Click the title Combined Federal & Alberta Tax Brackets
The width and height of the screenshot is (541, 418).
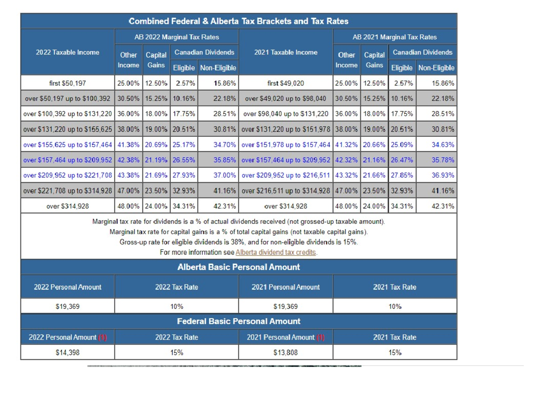coord(238,21)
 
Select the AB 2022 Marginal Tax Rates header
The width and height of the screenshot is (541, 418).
coord(177,37)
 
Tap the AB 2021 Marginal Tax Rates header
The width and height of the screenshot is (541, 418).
coord(395,37)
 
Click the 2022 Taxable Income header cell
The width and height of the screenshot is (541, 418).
coord(68,52)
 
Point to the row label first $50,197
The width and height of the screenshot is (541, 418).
coord(68,83)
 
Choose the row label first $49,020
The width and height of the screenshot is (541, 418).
coord(286,83)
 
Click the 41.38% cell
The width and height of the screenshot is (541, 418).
coord(128,145)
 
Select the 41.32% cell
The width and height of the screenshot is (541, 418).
coord(347,145)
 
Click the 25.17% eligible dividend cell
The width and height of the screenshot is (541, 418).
coord(183,145)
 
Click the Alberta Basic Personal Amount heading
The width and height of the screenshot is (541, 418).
coord(238,267)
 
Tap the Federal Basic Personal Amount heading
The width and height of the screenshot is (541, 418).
coord(238,322)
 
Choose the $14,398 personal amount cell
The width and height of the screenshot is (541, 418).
coord(68,353)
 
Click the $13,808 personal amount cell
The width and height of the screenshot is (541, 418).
coord(286,353)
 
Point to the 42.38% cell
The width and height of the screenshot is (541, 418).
coord(128,160)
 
